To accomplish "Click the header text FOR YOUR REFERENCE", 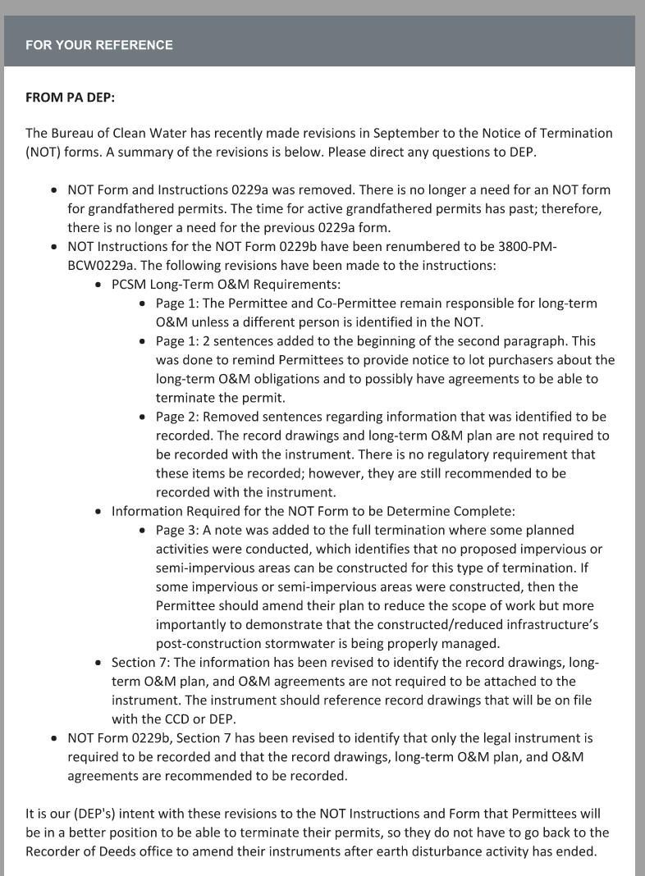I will pos(98,45).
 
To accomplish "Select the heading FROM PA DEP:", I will pos(70,98).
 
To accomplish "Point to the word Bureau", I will pos(73,133).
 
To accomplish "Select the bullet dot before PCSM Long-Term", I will pos(98,285).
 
